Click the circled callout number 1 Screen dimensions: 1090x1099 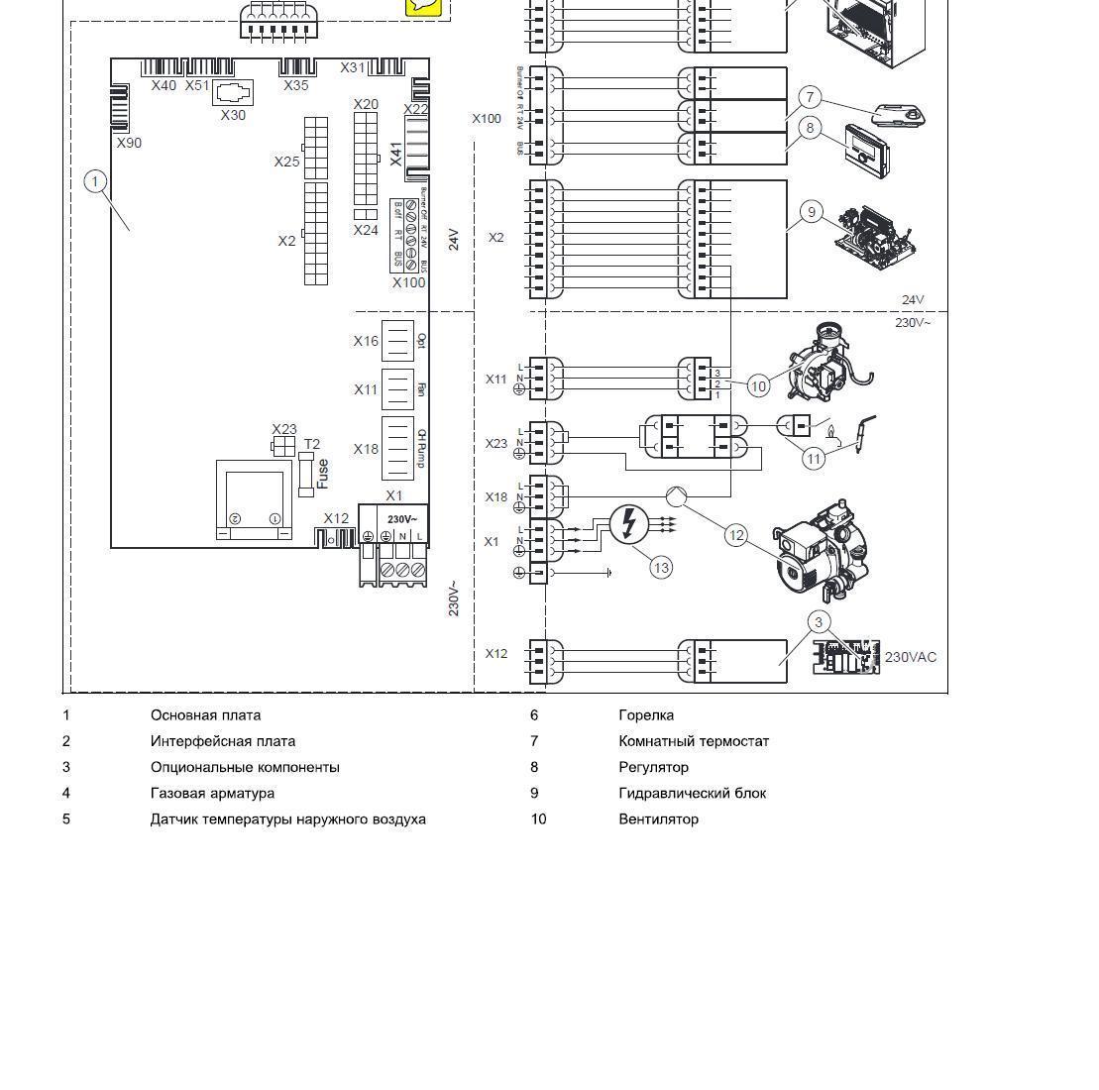pyautogui.click(x=95, y=181)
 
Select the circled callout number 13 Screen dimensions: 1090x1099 pyautogui.click(x=661, y=567)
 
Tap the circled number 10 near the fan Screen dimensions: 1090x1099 pyautogui.click(x=758, y=385)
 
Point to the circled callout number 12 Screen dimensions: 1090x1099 pyautogui.click(x=736, y=535)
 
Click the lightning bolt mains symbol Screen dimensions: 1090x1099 pyautogui.click(x=628, y=523)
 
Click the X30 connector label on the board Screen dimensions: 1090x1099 pyautogui.click(x=233, y=115)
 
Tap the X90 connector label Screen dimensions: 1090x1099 pyautogui.click(x=129, y=143)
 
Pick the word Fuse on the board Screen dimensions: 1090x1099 pyautogui.click(x=323, y=474)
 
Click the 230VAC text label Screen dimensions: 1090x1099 pyautogui.click(x=910, y=657)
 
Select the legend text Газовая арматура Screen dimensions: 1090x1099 pyautogui.click(x=212, y=793)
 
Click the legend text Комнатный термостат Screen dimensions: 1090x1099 pyautogui.click(x=694, y=741)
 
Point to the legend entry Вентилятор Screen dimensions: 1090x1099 pyautogui.click(x=658, y=818)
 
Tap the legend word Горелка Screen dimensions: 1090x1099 pyautogui.click(x=646, y=714)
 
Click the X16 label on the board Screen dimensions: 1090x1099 pyautogui.click(x=366, y=341)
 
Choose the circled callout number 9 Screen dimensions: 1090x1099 pyautogui.click(x=812, y=211)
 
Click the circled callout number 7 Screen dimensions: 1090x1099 pyautogui.click(x=811, y=97)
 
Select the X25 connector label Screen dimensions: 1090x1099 pyautogui.click(x=286, y=162)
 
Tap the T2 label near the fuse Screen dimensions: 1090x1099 pyautogui.click(x=312, y=444)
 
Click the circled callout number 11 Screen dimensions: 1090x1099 pyautogui.click(x=814, y=458)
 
